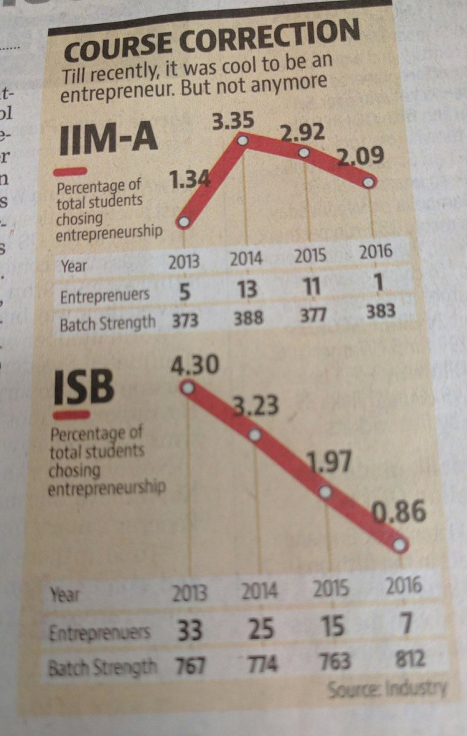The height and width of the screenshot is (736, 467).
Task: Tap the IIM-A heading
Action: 108,140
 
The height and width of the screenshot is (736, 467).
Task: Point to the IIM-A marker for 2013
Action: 183,223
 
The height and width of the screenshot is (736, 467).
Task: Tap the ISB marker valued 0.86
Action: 399,544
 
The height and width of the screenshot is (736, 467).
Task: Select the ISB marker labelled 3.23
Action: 255,435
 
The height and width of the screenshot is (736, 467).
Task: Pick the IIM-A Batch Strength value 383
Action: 381,312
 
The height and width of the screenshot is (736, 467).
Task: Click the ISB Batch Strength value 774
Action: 260,663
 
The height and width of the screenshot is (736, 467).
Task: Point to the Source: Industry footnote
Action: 387,689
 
